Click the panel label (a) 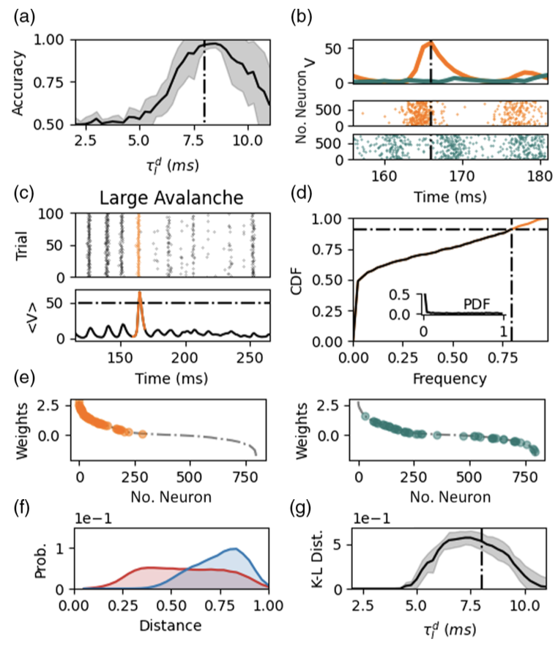(21, 15)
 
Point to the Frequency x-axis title (450, 379)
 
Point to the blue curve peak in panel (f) (234, 548)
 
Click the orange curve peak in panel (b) (429, 44)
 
